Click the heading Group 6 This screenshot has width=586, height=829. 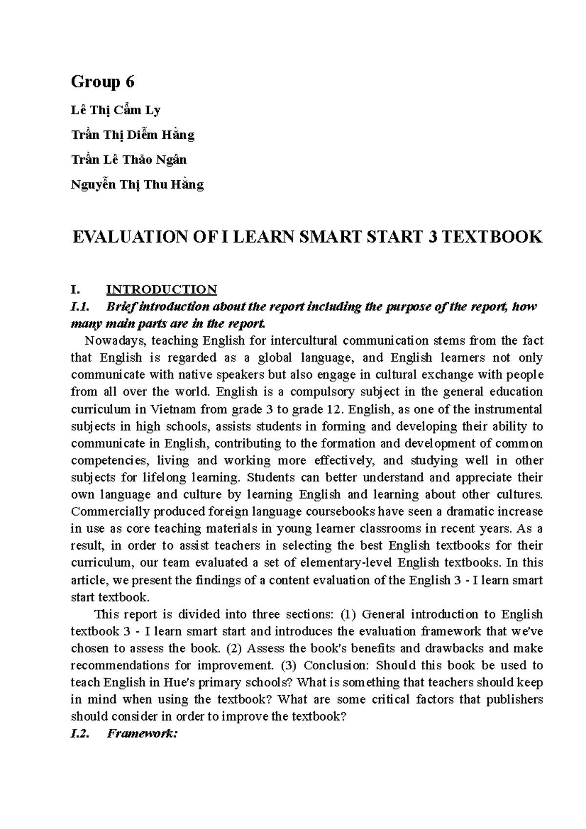click(x=103, y=82)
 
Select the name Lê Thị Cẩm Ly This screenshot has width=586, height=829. click(x=116, y=110)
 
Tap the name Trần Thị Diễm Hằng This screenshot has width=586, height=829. click(x=133, y=135)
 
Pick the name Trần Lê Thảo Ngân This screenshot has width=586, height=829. click(x=129, y=160)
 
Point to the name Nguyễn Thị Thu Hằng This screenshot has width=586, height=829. click(x=137, y=185)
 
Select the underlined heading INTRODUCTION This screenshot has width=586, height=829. click(x=162, y=290)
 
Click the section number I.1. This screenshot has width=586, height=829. click(x=81, y=307)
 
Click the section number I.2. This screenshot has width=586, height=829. click(x=81, y=734)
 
